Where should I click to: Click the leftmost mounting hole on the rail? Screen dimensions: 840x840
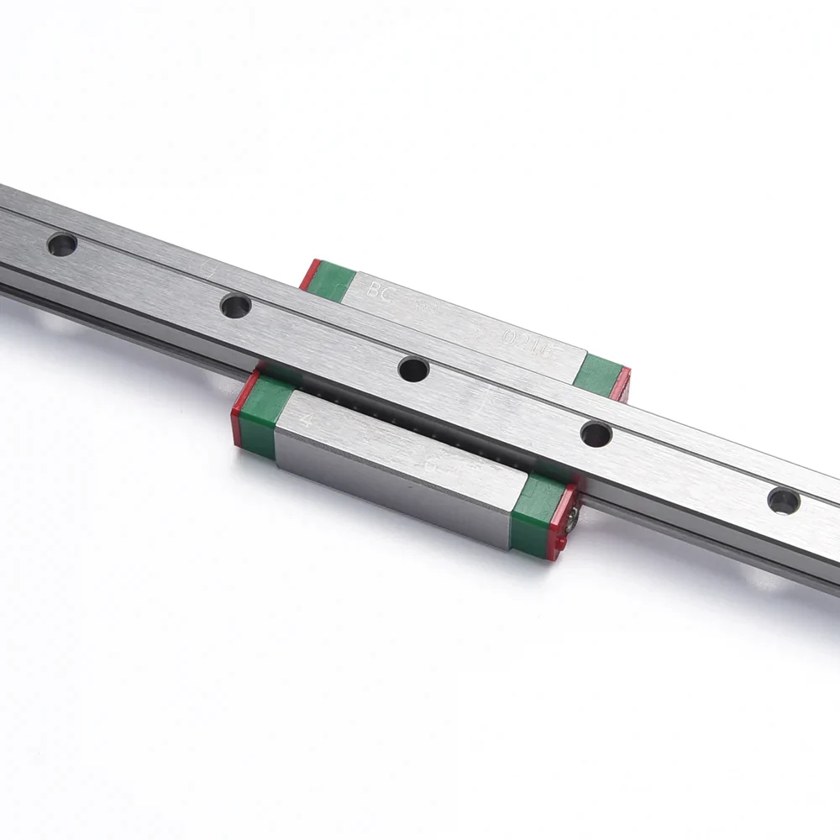[62, 244]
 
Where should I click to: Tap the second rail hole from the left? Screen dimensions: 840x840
[236, 305]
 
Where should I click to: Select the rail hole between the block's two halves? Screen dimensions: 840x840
[413, 368]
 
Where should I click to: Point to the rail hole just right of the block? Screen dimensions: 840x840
[596, 434]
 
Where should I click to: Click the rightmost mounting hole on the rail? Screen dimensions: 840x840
[784, 501]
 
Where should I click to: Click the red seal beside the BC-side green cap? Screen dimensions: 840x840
[309, 273]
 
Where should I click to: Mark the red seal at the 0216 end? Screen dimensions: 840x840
[621, 383]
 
